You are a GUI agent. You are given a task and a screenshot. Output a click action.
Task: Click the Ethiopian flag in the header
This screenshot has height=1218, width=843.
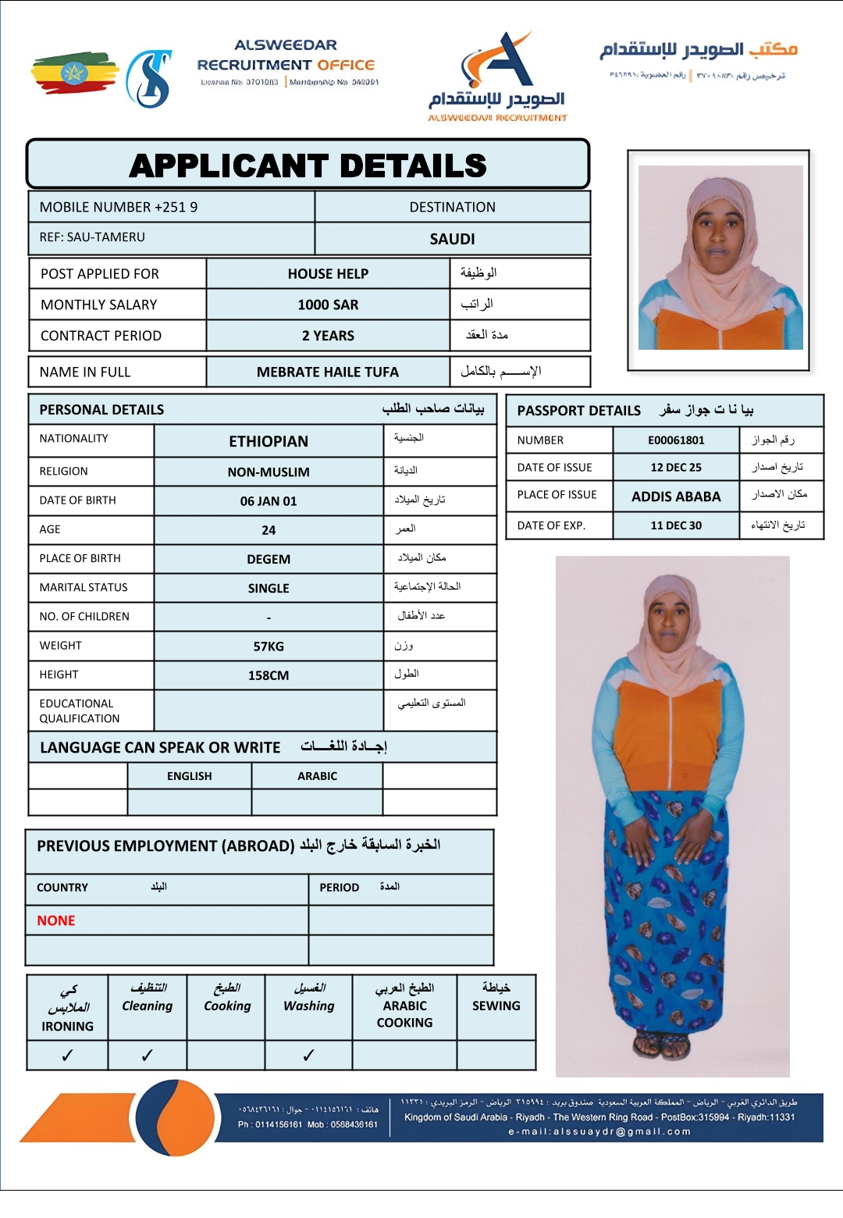click(74, 73)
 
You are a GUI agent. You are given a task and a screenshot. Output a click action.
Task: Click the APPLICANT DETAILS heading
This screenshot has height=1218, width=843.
click(308, 166)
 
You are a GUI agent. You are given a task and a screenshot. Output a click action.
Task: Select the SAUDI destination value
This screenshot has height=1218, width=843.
click(452, 239)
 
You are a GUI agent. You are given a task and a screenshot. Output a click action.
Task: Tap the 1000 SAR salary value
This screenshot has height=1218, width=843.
click(328, 304)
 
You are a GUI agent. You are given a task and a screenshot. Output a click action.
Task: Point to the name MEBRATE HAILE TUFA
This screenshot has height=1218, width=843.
click(328, 372)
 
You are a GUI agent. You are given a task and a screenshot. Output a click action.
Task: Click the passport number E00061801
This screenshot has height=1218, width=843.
click(676, 440)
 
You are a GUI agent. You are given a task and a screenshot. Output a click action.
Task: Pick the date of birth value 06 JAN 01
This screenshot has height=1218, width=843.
click(269, 501)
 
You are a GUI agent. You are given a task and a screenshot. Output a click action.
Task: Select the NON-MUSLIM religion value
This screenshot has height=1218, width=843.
click(269, 472)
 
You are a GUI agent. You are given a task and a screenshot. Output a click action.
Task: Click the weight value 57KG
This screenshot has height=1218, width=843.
click(269, 646)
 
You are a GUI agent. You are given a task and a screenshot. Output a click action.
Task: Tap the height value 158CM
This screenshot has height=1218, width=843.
click(269, 675)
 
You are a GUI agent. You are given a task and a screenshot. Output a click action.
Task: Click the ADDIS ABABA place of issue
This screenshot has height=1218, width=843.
click(676, 497)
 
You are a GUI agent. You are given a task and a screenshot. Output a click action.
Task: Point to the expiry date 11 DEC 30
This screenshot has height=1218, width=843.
click(676, 525)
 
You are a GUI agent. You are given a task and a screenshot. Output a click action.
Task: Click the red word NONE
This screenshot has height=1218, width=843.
click(56, 921)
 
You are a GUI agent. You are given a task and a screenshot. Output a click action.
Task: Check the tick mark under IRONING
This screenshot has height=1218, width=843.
click(67, 1056)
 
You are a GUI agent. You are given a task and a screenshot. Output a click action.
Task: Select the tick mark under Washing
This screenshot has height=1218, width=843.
click(308, 1056)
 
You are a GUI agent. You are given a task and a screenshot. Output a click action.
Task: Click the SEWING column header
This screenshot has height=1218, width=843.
click(496, 1006)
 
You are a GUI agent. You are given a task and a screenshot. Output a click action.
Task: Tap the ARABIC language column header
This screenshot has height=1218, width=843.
click(317, 776)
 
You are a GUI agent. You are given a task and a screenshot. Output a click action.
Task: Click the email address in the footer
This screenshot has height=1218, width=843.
click(599, 1131)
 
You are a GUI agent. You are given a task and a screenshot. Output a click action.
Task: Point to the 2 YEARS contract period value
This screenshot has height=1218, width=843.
click(328, 336)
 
